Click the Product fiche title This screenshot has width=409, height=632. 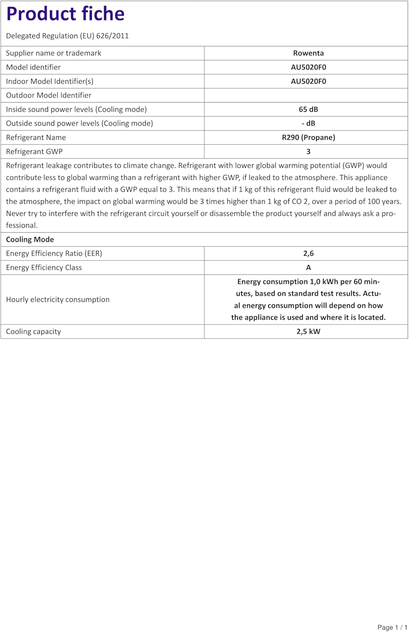[65, 14]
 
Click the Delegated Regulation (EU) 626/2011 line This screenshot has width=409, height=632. [67, 36]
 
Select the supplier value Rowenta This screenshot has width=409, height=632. [308, 53]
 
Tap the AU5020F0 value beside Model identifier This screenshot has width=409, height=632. [308, 67]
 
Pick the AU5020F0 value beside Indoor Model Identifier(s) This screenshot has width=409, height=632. [308, 81]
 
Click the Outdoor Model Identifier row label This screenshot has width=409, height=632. [48, 95]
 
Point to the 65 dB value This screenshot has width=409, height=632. [308, 109]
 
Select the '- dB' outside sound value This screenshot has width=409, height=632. [308, 123]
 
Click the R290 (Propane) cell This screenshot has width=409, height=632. [308, 137]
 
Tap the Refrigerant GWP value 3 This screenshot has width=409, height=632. [308, 151]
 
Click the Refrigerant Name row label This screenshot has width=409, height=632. [36, 137]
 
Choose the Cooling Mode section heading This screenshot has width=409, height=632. [30, 239]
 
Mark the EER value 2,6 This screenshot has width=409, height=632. [308, 253]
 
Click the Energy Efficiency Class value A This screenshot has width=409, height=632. [308, 268]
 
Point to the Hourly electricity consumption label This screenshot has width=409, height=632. [58, 300]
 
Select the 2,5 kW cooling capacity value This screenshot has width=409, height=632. [308, 332]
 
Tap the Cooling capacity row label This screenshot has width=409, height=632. [33, 332]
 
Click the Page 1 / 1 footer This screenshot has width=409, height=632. [392, 627]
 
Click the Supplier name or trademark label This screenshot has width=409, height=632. [54, 53]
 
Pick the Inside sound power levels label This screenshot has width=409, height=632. [76, 109]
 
